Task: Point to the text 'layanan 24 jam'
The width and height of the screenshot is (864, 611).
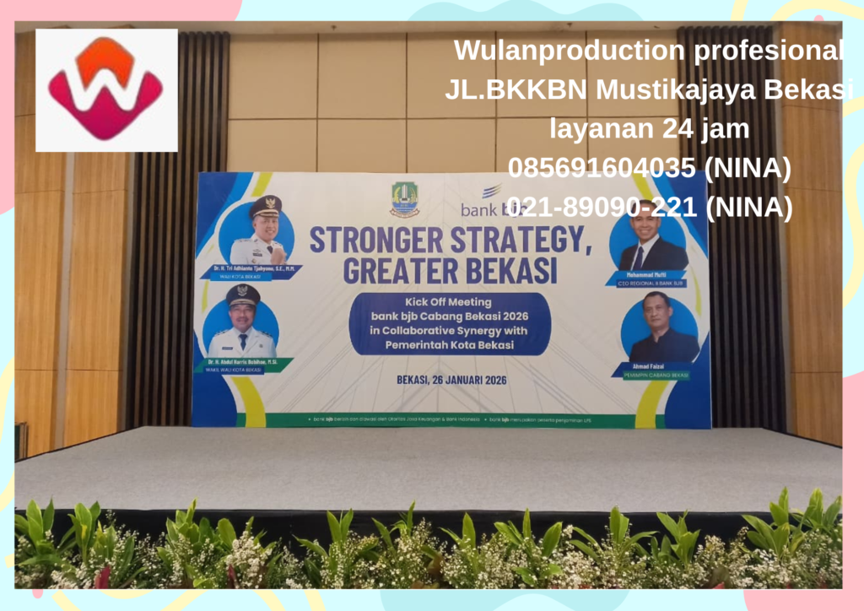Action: pos(650,129)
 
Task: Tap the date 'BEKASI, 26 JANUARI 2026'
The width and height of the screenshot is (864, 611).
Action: pos(451,380)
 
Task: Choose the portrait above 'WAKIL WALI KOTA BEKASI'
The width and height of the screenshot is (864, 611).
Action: pos(243,322)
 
